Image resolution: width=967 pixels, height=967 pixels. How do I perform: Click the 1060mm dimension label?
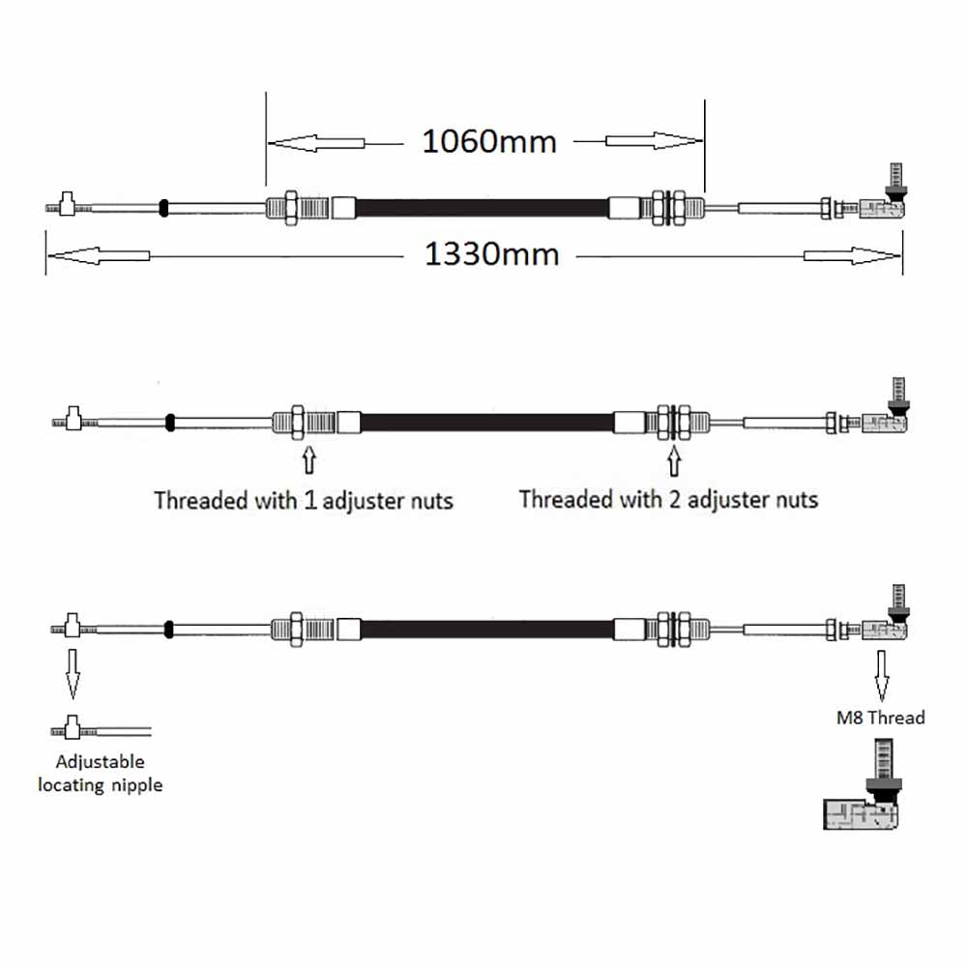[x=489, y=142]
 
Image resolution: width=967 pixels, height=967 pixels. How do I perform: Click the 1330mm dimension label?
[x=491, y=254]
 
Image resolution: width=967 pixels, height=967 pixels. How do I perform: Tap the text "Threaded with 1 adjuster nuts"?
[x=304, y=501]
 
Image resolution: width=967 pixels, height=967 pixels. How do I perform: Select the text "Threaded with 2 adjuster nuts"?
[x=668, y=500]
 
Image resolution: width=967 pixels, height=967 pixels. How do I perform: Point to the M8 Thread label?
[x=881, y=718]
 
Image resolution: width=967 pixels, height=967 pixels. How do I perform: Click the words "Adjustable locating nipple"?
[x=100, y=774]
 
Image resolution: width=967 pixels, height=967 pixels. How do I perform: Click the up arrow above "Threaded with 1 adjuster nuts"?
[x=309, y=460]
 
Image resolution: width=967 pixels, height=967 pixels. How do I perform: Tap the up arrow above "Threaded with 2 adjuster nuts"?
[x=674, y=461]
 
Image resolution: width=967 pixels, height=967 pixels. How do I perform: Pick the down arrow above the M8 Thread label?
[x=882, y=676]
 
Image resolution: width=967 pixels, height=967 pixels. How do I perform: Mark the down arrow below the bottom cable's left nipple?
[x=73, y=673]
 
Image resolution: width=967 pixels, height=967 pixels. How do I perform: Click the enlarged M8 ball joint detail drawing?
[x=863, y=783]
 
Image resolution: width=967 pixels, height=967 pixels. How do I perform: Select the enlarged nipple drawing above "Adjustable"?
[x=101, y=728]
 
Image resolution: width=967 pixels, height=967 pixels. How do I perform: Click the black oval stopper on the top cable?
[x=163, y=209]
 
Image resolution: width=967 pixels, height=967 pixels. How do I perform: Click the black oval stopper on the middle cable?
[x=170, y=423]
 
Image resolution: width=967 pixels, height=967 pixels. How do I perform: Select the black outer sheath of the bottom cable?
[x=487, y=630]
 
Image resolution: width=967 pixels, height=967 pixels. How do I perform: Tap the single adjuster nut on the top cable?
[x=290, y=208]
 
